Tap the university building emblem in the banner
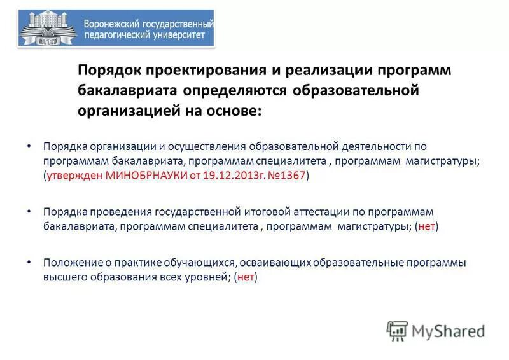pyautogui.click(x=48, y=29)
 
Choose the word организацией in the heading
pyautogui.click(x=128, y=110)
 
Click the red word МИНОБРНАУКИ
pyautogui.click(x=144, y=176)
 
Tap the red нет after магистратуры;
pyautogui.click(x=426, y=226)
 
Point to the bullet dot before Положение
pyautogui.click(x=29, y=261)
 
